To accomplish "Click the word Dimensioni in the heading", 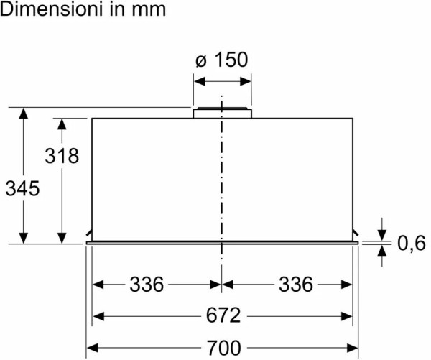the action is click(x=52, y=9).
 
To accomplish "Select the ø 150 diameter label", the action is click(x=222, y=60).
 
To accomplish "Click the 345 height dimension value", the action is click(x=22, y=188).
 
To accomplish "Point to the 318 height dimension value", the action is click(x=62, y=156).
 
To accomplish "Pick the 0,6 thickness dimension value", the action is click(x=412, y=243).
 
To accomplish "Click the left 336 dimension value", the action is click(x=147, y=284).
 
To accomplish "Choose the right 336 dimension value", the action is click(x=296, y=284).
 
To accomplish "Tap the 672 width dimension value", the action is click(x=223, y=315).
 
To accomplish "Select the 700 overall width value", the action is click(x=223, y=348).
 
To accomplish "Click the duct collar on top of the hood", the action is click(x=223, y=113).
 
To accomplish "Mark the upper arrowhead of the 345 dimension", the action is click(x=24, y=114).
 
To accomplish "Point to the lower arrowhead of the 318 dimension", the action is click(x=62, y=238).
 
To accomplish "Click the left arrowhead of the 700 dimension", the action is click(x=92, y=348).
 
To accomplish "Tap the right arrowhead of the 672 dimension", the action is click(x=347, y=316).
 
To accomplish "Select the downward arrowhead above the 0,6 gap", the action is click(x=382, y=235).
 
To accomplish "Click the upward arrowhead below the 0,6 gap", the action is click(x=382, y=251).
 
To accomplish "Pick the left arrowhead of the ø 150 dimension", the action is click(x=199, y=81).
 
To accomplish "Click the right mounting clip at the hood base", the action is click(x=356, y=233).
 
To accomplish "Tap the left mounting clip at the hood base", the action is click(x=89, y=233).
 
